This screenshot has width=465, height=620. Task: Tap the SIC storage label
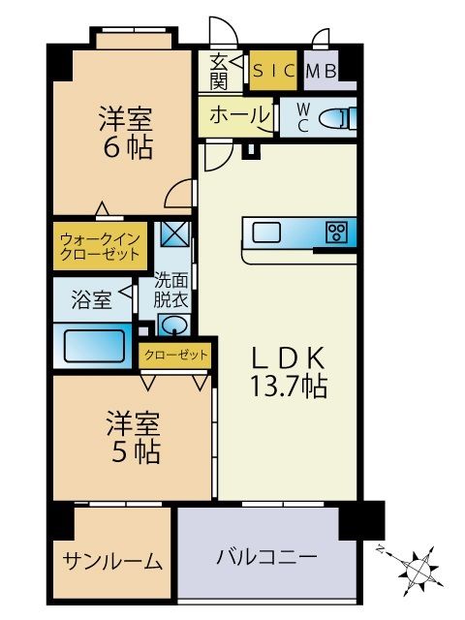[x=273, y=70]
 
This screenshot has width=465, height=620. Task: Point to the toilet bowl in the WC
[x=333, y=118]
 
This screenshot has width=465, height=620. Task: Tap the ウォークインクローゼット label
[x=100, y=245]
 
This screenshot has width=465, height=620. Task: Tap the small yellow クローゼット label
[x=174, y=356]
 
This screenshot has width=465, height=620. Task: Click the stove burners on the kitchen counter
[x=337, y=232]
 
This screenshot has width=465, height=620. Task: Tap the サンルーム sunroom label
[x=112, y=561]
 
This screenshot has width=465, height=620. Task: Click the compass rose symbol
[x=418, y=566]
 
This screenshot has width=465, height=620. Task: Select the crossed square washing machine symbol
[x=176, y=234]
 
